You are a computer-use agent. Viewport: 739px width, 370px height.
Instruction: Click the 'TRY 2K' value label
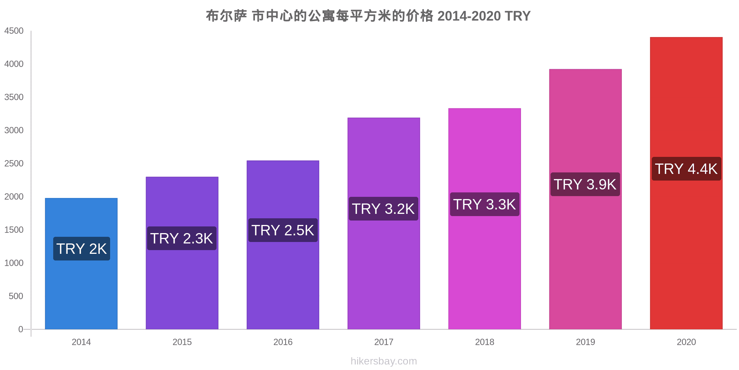tap(82, 249)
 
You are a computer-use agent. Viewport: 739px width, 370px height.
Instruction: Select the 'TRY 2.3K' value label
tap(182, 238)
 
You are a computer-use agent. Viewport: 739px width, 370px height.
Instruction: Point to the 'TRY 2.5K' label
tap(283, 230)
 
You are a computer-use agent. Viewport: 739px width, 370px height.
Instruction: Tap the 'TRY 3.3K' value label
tap(484, 204)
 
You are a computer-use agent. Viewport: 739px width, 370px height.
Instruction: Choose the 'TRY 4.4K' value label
tap(686, 169)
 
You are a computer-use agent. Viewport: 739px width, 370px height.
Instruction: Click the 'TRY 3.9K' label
tap(585, 184)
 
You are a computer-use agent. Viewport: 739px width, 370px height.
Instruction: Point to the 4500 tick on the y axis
tap(14, 31)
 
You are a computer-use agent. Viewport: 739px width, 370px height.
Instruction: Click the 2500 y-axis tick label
tap(14, 164)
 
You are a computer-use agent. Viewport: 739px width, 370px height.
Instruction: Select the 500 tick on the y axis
tap(16, 296)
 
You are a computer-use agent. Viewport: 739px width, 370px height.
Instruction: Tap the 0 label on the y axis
tap(21, 329)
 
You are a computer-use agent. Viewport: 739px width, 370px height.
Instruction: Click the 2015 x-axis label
tap(182, 342)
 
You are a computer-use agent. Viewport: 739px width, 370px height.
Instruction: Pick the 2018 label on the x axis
tap(484, 342)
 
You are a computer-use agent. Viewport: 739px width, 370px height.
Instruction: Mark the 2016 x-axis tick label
tap(283, 342)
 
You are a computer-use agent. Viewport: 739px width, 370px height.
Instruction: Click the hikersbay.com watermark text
tap(384, 361)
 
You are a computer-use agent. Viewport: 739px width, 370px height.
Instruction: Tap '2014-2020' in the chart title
tap(469, 16)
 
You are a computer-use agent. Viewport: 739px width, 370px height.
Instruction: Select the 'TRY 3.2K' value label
tap(384, 209)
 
